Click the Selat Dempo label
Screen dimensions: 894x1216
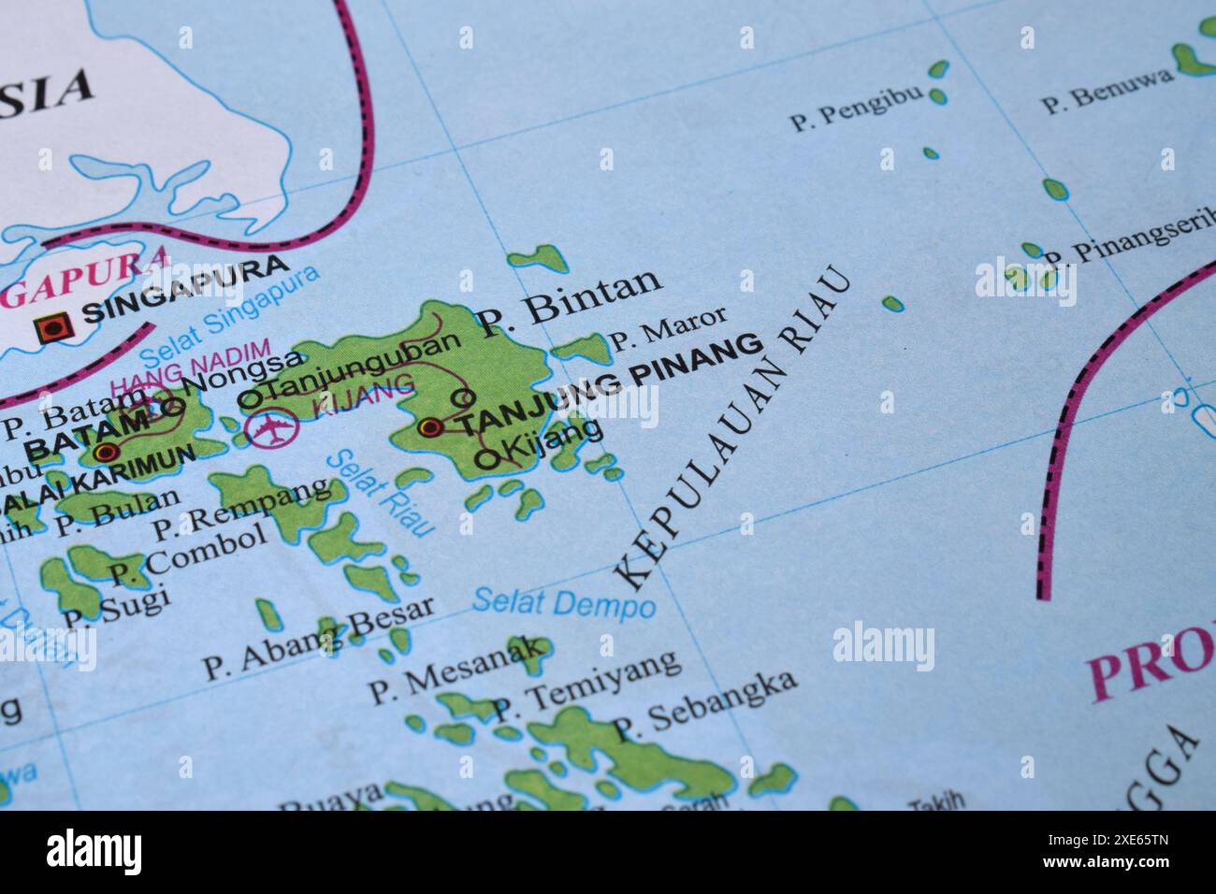[563, 602]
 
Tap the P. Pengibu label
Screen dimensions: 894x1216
[856, 108]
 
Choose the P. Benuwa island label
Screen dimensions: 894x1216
[1107, 90]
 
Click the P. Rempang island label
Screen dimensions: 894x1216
[240, 509]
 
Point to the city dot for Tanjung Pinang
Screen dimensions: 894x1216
[430, 427]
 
